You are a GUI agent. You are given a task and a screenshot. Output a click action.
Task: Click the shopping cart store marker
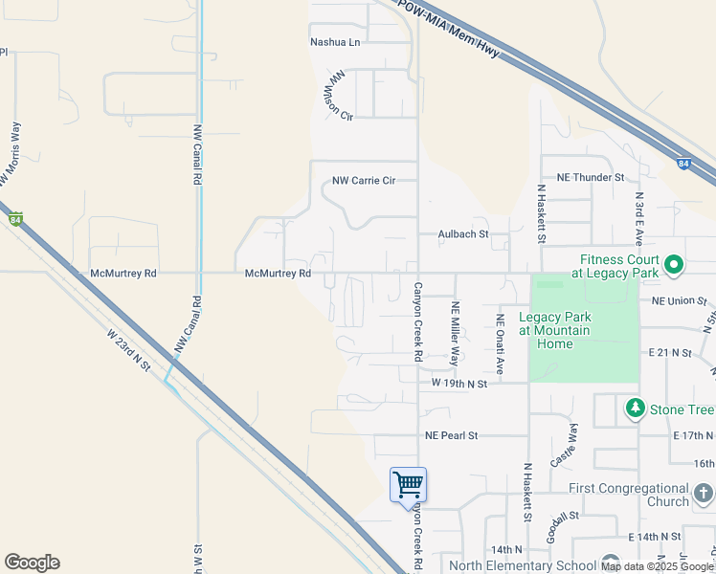(409, 484)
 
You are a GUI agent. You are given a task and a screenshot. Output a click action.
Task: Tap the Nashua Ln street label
(335, 42)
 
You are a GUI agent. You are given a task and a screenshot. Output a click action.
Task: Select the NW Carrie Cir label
(363, 180)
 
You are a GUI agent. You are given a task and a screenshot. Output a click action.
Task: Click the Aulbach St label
(463, 233)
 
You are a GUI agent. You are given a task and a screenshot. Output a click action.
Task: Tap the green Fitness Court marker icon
(674, 264)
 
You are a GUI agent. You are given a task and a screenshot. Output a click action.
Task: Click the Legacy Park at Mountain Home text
(555, 324)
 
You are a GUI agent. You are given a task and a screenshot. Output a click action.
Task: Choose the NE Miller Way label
(456, 334)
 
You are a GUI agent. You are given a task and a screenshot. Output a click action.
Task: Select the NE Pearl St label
(451, 435)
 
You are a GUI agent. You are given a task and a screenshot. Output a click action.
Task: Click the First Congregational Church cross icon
(704, 494)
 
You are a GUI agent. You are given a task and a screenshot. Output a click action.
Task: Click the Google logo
(32, 563)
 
